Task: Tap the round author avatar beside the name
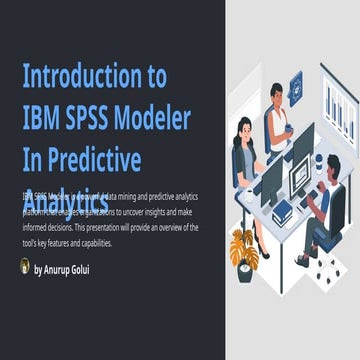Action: [x=25, y=267]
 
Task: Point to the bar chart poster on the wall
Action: [x=337, y=100]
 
